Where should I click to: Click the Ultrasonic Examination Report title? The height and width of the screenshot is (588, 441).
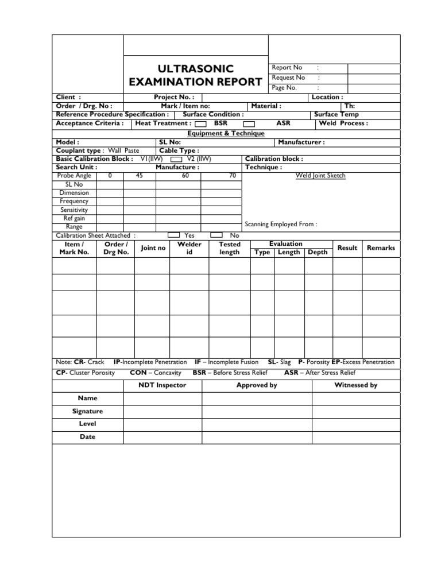(196, 75)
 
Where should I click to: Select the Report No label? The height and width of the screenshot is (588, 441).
(287, 68)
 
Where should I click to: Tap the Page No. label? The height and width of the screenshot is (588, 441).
(284, 88)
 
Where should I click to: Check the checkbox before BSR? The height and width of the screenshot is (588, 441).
(201, 123)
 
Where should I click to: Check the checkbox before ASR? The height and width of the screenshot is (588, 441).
(249, 123)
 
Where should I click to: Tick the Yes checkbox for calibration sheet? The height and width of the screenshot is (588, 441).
(173, 235)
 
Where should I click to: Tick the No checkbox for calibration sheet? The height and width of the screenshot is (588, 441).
(216, 235)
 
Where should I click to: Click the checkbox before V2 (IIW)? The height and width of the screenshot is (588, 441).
(176, 159)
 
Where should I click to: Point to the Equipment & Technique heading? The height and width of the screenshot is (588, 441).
(226, 133)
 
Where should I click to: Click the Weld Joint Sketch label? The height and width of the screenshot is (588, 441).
(320, 176)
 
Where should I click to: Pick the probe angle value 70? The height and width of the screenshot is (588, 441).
(232, 176)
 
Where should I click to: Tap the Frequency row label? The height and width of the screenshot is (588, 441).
(74, 202)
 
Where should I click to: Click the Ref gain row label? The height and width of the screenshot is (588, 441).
(74, 218)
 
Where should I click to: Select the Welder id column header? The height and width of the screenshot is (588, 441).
(189, 248)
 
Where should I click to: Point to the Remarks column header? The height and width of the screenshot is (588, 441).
(381, 248)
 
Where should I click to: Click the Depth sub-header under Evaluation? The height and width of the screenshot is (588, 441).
(318, 252)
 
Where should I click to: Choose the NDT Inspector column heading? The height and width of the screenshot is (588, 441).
(163, 385)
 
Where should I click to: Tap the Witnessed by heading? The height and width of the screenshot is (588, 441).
(356, 385)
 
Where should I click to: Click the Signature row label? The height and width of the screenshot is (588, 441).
(87, 411)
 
